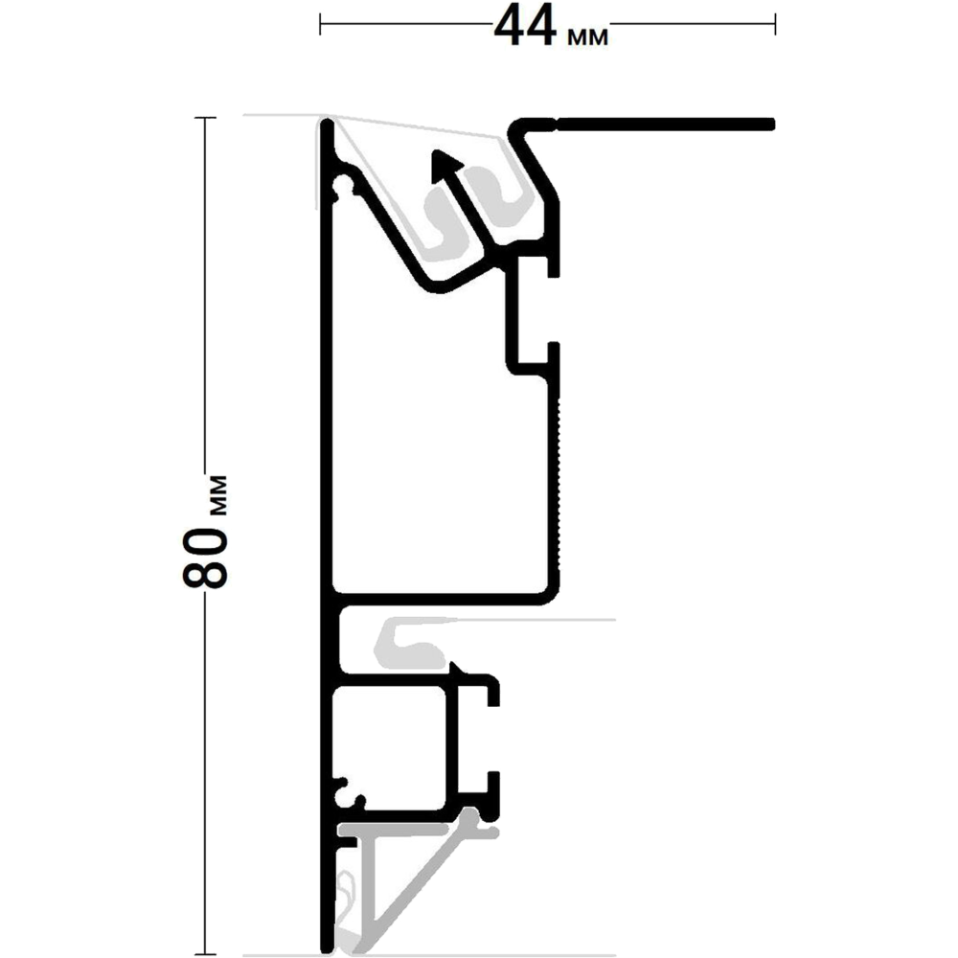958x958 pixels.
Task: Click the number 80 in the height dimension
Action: coord(206,559)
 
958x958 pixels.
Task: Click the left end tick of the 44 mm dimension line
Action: coord(320,25)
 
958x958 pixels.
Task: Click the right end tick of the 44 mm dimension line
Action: coord(775,25)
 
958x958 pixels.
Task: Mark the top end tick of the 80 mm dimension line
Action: coord(205,117)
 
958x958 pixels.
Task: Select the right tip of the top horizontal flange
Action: coord(773,125)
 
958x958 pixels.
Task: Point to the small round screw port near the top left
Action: coord(342,185)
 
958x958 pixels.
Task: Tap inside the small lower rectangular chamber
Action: coord(390,748)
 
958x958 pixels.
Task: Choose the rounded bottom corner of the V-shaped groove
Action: coord(438,287)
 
